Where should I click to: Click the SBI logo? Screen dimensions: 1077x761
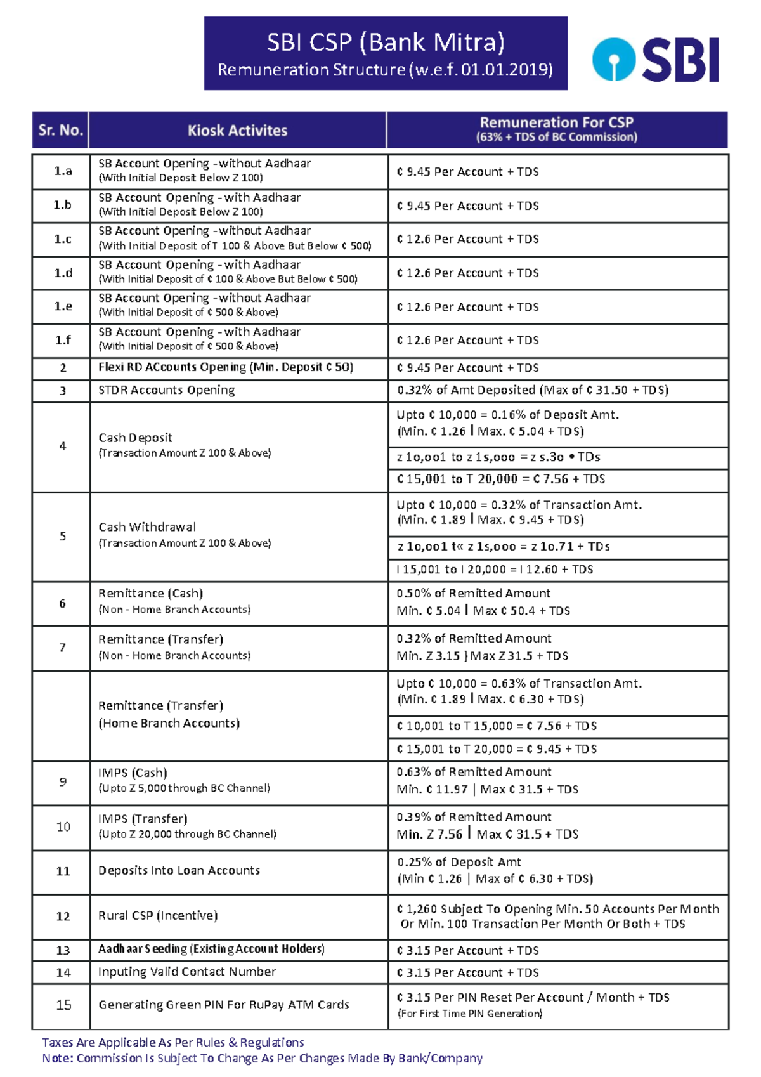click(656, 60)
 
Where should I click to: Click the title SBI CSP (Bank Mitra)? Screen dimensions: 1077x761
click(386, 42)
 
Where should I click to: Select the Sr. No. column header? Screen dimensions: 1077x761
click(61, 131)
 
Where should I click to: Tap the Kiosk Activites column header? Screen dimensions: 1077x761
click(238, 131)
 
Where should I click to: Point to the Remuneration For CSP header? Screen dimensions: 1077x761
click(556, 129)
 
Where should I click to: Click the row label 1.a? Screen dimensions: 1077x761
click(63, 171)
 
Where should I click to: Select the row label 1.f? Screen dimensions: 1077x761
click(63, 341)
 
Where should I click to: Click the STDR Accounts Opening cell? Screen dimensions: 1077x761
click(167, 390)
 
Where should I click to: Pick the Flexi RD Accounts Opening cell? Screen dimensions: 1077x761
click(226, 367)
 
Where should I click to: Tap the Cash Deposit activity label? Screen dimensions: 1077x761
click(136, 438)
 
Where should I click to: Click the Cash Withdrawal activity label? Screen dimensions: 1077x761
click(147, 527)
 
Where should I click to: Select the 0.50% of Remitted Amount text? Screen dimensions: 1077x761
click(474, 594)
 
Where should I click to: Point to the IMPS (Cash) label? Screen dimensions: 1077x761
click(133, 773)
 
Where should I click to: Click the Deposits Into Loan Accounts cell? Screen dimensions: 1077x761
click(179, 871)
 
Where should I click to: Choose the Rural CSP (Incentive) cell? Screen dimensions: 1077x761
click(158, 916)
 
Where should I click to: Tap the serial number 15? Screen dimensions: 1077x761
click(63, 1005)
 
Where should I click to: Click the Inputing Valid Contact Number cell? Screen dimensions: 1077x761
click(187, 972)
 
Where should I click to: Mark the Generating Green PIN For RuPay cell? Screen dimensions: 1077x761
click(224, 1005)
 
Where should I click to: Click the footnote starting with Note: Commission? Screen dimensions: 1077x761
click(263, 1059)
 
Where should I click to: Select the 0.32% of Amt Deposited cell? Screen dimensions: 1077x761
click(533, 390)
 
